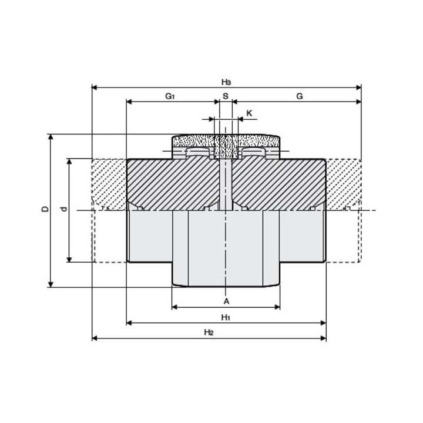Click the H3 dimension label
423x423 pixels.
tap(226, 82)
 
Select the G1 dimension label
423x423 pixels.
tap(170, 96)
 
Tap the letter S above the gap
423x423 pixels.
tap(226, 96)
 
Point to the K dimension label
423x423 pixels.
tap(249, 113)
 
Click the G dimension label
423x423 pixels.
tap(300, 96)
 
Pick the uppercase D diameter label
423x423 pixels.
tap(46, 209)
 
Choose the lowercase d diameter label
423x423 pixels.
tap(64, 209)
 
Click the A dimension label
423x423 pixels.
tap(226, 301)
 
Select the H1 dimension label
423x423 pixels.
tap(226, 317)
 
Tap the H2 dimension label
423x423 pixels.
tap(209, 333)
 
